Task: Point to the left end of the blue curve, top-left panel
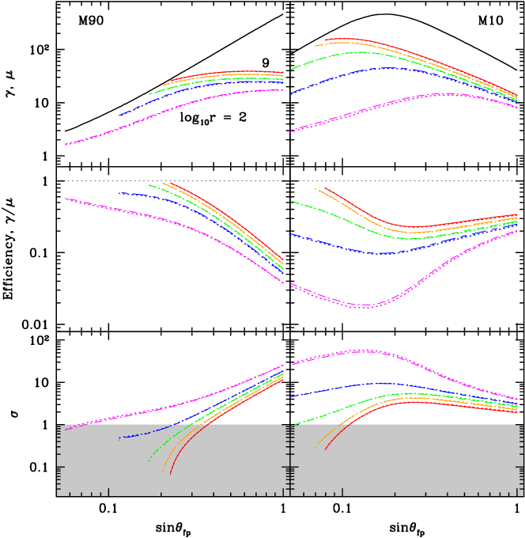coord(119,116)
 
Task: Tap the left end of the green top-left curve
coord(148,94)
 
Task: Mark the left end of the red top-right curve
coord(324,40)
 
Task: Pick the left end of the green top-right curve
coord(292,70)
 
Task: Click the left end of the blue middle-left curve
coord(119,193)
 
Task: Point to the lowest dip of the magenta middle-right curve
coord(361,305)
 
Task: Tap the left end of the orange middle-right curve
coord(315,188)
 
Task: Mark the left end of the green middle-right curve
coord(292,201)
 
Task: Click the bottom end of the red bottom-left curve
coord(170,473)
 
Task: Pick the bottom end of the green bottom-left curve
coord(148,460)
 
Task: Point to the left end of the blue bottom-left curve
coord(119,438)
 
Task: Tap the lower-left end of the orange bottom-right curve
coord(315,448)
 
